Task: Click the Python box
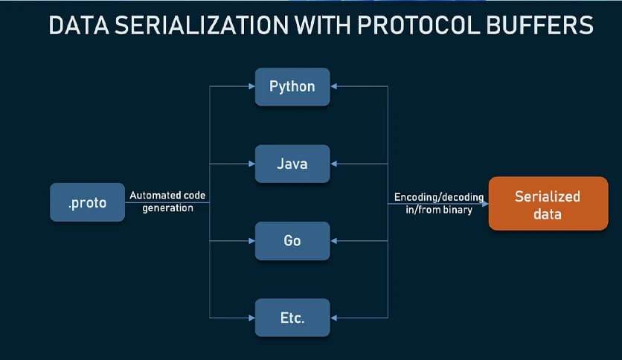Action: pos(292,86)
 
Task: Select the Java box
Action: pos(292,164)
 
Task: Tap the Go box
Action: pos(292,241)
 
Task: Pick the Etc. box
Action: pos(292,318)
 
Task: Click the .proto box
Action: pos(87,203)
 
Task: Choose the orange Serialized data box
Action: pos(548,203)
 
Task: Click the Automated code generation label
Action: pos(167,202)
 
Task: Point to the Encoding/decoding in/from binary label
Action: pos(439,203)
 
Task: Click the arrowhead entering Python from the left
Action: pos(251,86)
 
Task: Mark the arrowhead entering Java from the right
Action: pos(334,164)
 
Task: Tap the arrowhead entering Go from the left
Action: pos(251,241)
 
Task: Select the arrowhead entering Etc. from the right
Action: pos(334,318)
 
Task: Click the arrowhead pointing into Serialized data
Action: pos(484,203)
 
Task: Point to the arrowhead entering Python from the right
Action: pos(334,86)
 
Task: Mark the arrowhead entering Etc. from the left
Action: pos(251,318)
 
